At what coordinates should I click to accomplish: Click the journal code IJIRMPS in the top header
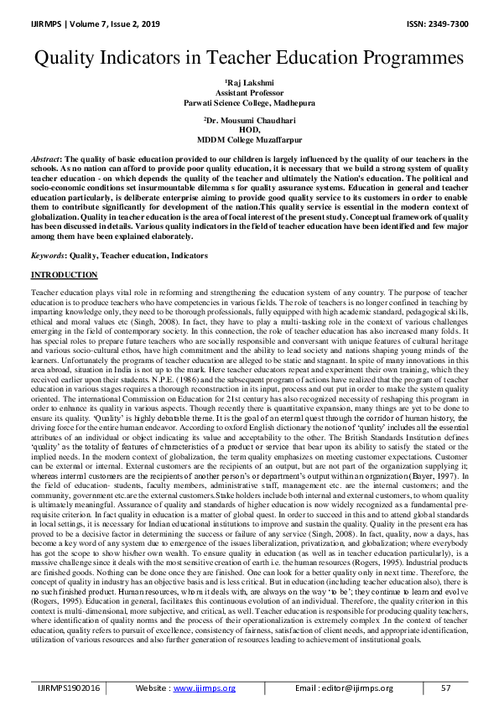pyautogui.click(x=51, y=23)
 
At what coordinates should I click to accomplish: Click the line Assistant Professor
pyautogui.click(x=248, y=93)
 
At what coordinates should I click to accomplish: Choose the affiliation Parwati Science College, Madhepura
pyautogui.click(x=248, y=102)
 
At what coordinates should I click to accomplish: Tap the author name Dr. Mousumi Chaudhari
pyautogui.click(x=249, y=122)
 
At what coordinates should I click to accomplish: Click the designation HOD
pyautogui.click(x=248, y=131)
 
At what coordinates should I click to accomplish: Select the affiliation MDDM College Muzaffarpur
pyautogui.click(x=248, y=140)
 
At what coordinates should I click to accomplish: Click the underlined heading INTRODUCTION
pyautogui.click(x=65, y=275)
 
